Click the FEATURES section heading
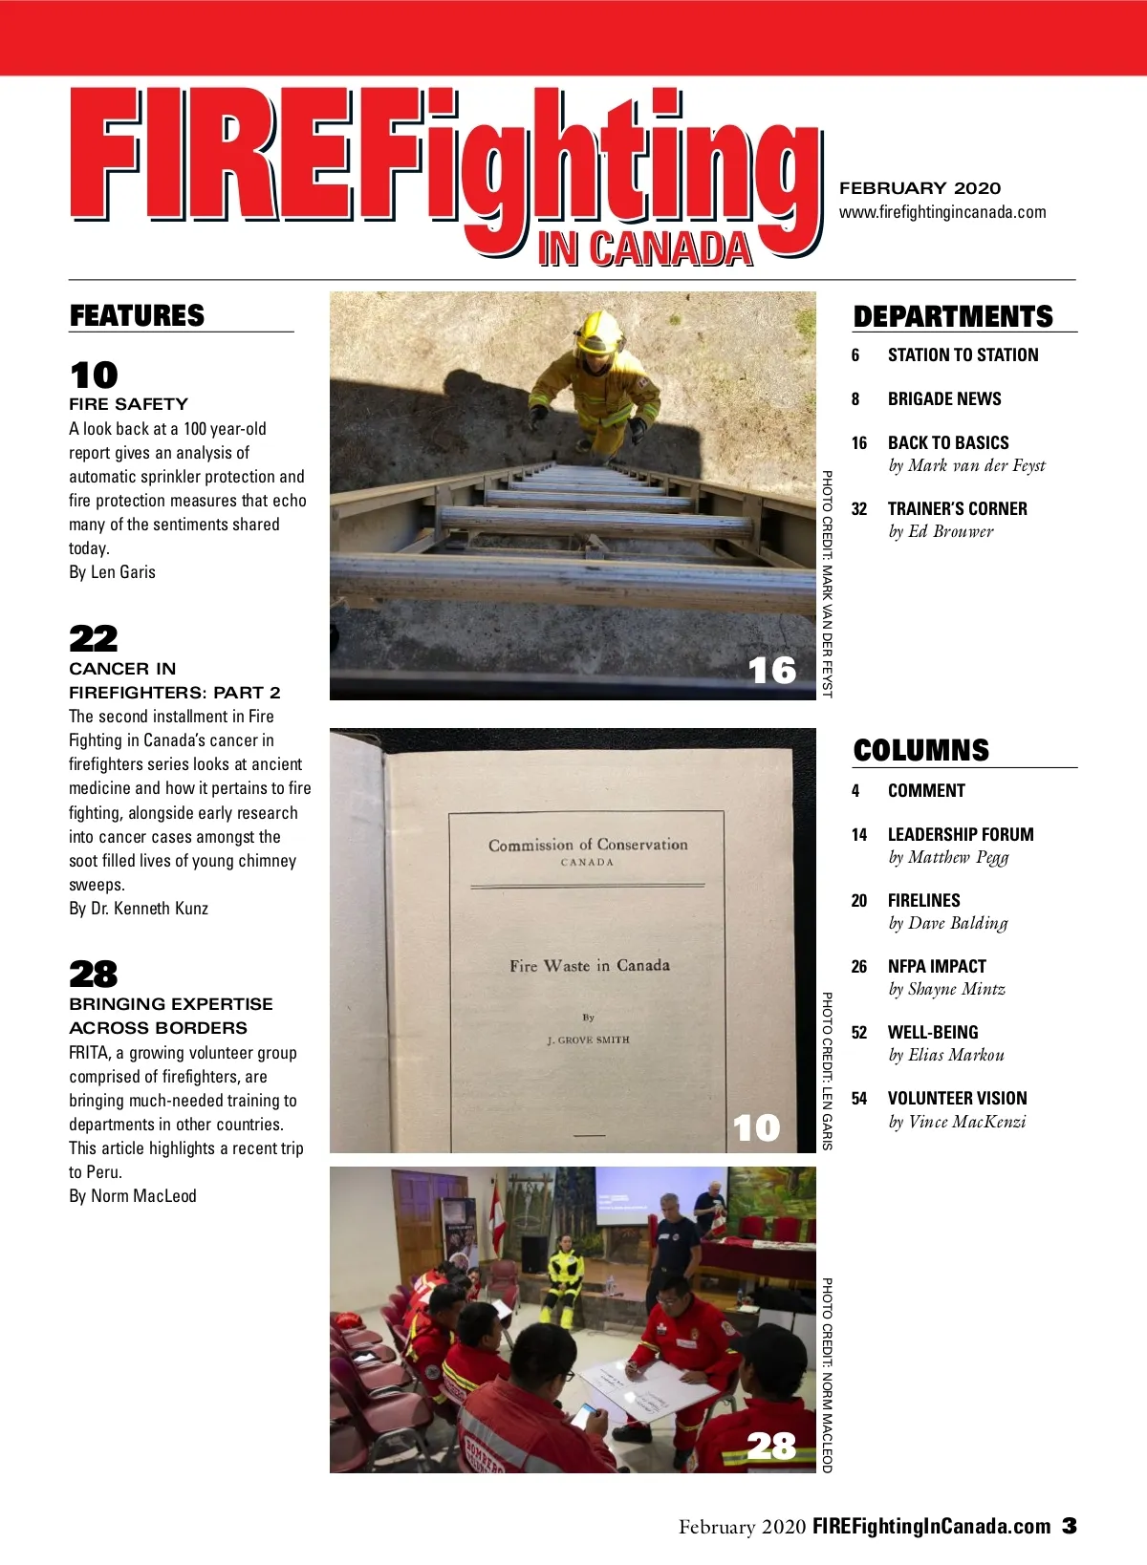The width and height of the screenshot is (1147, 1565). click(137, 315)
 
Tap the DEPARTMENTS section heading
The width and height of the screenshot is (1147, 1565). click(952, 316)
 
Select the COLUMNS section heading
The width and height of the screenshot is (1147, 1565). click(920, 750)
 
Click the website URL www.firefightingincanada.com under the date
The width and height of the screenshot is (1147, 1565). click(942, 212)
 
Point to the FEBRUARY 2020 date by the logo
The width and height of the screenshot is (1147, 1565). click(920, 188)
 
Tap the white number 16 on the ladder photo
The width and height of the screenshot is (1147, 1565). click(771, 670)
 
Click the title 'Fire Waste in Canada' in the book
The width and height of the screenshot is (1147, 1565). click(589, 966)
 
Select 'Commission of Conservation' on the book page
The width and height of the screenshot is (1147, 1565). click(588, 845)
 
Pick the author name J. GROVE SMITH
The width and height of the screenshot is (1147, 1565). click(588, 1040)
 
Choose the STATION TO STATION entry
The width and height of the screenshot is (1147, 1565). click(963, 355)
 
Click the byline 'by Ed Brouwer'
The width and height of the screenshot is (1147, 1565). click(941, 531)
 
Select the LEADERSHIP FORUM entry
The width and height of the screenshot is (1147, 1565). click(960, 834)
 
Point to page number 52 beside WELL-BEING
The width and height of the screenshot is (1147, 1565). click(859, 1033)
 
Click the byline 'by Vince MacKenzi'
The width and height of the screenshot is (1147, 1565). click(957, 1122)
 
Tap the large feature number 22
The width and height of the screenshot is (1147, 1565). click(93, 637)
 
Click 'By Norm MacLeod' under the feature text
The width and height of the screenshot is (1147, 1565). click(132, 1196)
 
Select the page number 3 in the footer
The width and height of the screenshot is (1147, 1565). click(1070, 1526)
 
